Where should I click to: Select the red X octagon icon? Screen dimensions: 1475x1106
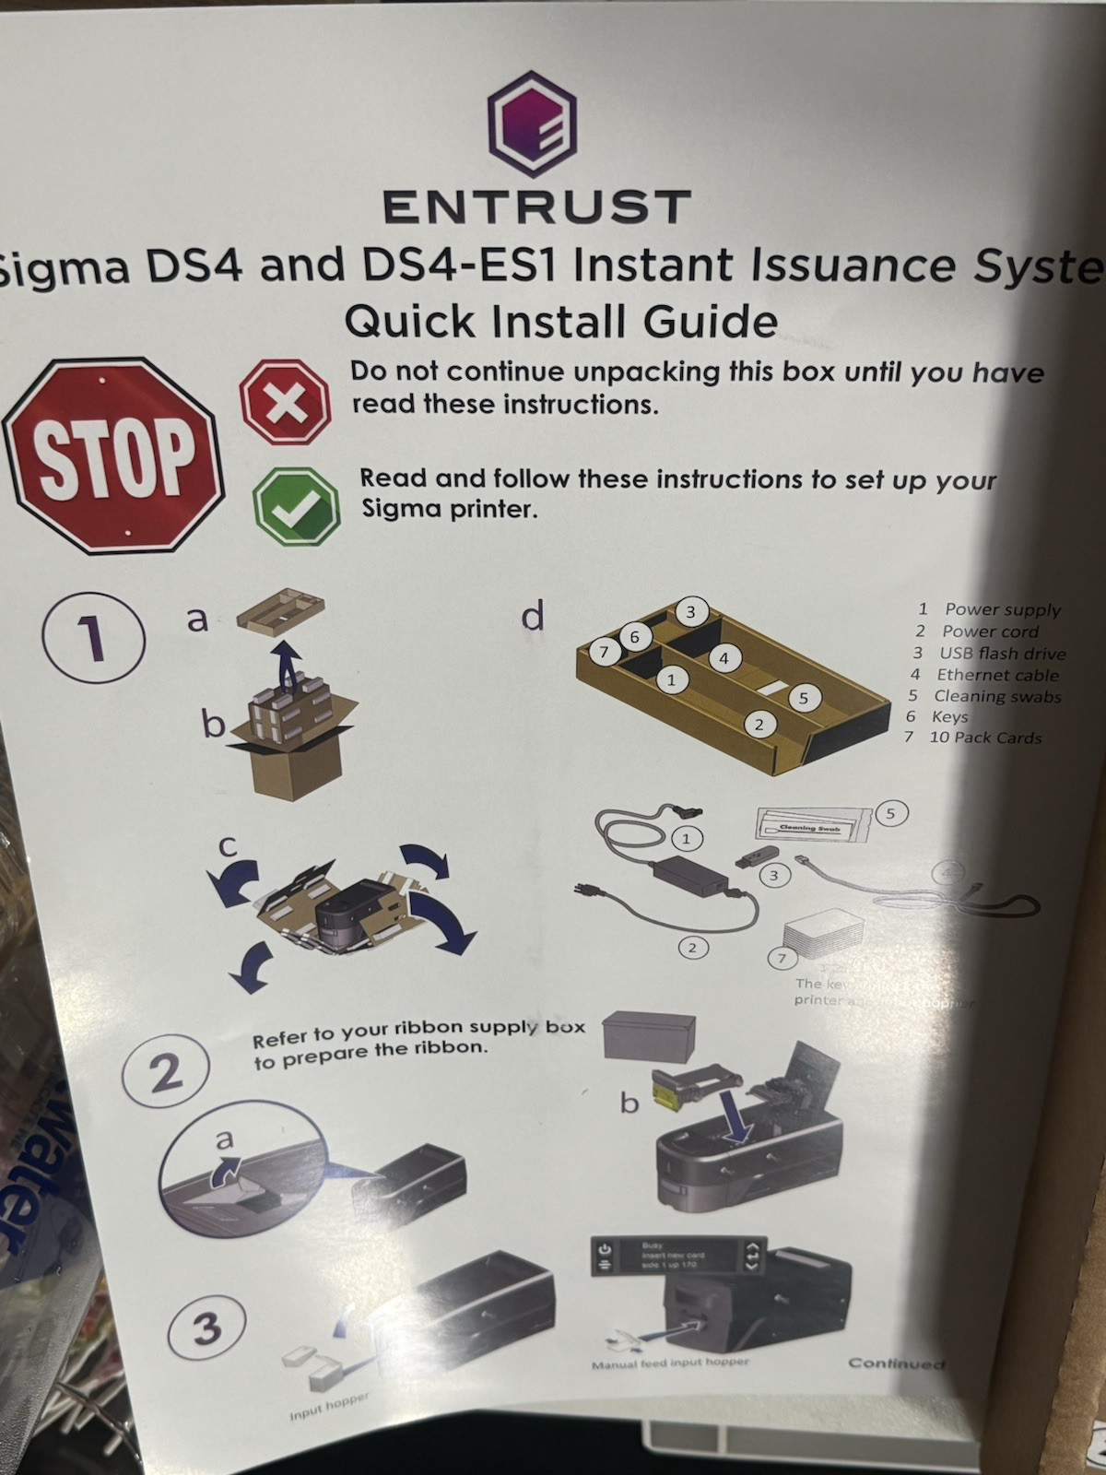pyautogui.click(x=285, y=402)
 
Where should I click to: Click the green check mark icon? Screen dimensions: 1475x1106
pyautogui.click(x=297, y=505)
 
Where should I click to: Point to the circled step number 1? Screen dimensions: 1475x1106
pyautogui.click(x=93, y=637)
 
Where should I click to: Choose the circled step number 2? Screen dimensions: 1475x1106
pyautogui.click(x=166, y=1072)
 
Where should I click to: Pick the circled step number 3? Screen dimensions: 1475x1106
pyautogui.click(x=206, y=1327)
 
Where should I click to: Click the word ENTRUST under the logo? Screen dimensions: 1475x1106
pyautogui.click(x=536, y=206)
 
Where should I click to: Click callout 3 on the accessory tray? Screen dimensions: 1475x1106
pyautogui.click(x=690, y=611)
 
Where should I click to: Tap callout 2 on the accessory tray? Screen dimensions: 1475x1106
pyautogui.click(x=759, y=725)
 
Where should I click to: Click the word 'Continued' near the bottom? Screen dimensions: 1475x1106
pyautogui.click(x=896, y=1363)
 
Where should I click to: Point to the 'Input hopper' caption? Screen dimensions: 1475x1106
pyautogui.click(x=329, y=1407)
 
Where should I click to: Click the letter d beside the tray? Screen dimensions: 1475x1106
pyautogui.click(x=533, y=615)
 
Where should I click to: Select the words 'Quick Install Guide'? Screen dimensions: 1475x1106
pyautogui.click(x=560, y=321)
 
